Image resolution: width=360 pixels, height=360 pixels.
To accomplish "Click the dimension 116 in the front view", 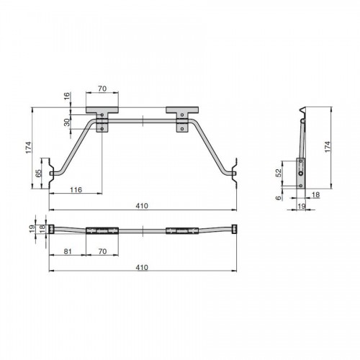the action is [76, 190].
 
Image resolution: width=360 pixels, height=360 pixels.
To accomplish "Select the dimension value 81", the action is [68, 251].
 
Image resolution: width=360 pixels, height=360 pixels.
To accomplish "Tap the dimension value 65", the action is [38, 174].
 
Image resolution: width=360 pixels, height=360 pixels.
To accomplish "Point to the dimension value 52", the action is [279, 173].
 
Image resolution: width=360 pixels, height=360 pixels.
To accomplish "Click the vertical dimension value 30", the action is [68, 122].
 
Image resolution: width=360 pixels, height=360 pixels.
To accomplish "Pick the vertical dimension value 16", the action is [68, 96].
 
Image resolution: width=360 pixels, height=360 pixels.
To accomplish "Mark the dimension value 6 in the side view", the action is [279, 198].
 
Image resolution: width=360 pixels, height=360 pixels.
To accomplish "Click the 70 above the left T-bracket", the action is [102, 89].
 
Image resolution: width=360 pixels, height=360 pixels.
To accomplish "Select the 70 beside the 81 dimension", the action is [102, 251].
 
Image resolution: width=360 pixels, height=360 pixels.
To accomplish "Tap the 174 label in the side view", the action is [328, 146].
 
